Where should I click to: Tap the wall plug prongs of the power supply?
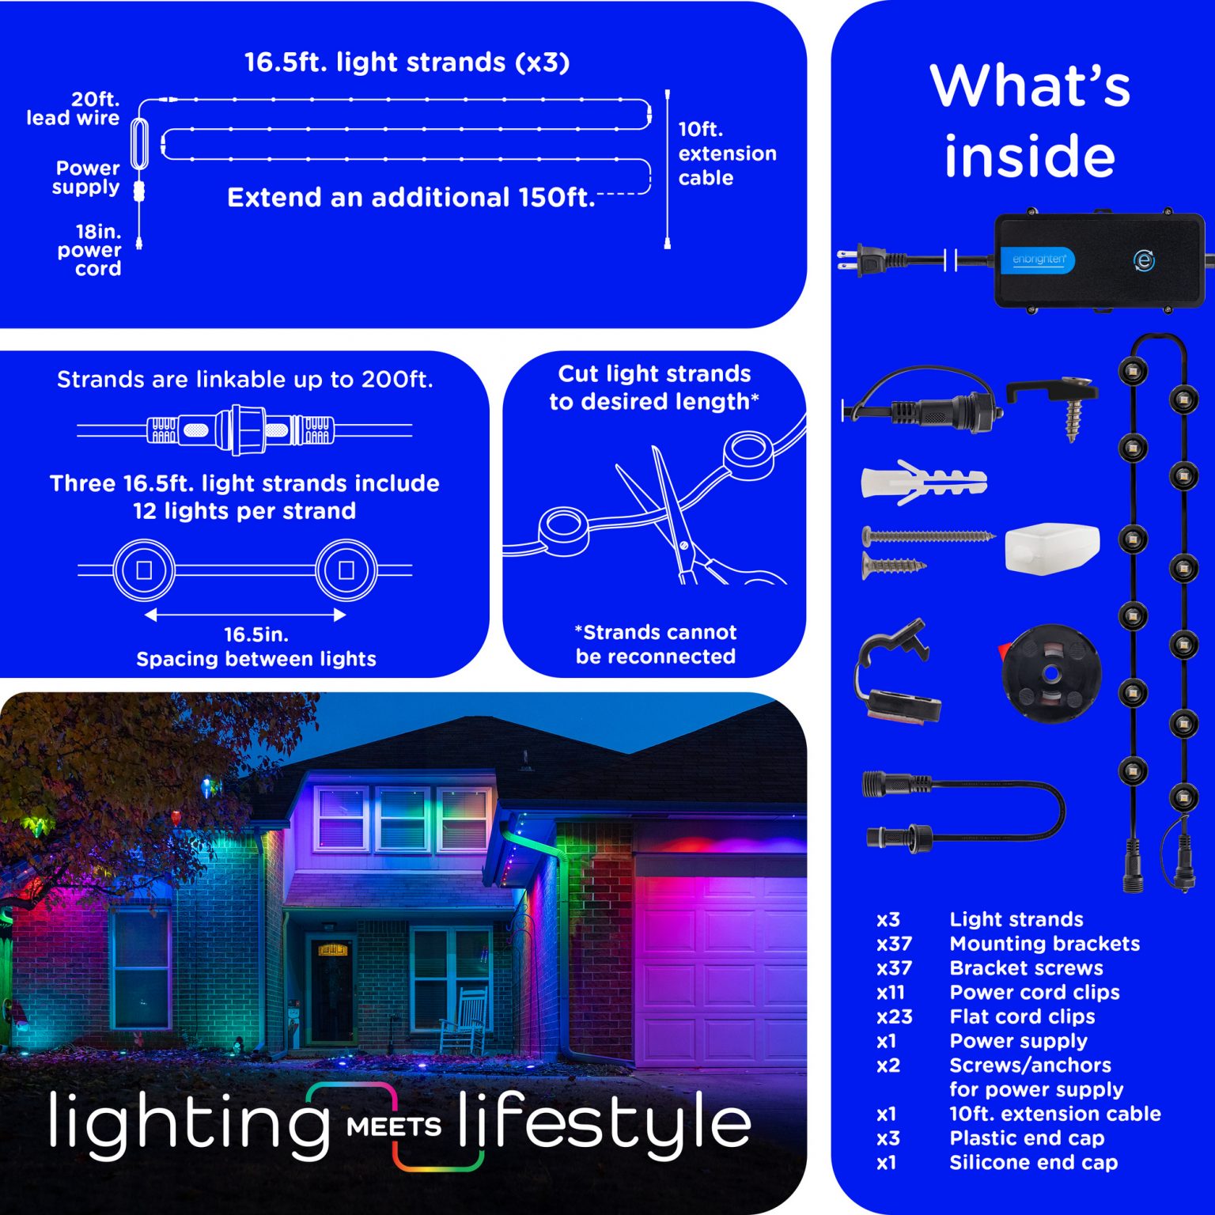[846, 259]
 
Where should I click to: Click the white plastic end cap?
[1052, 547]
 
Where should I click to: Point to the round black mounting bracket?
[1051, 673]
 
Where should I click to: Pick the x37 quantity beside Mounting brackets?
[894, 944]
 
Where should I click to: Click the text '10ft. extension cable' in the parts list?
[1055, 1114]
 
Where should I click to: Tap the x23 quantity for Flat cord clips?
[894, 1016]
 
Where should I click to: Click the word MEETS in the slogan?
[393, 1126]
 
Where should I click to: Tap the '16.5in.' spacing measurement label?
[256, 634]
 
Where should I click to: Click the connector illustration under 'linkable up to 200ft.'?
[244, 430]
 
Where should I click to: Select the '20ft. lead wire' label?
[73, 108]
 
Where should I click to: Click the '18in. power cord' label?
[89, 250]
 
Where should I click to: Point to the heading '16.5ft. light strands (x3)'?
[407, 62]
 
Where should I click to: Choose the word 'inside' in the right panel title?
[1029, 156]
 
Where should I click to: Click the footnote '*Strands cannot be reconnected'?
[656, 644]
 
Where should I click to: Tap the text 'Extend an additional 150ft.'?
[411, 197]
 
